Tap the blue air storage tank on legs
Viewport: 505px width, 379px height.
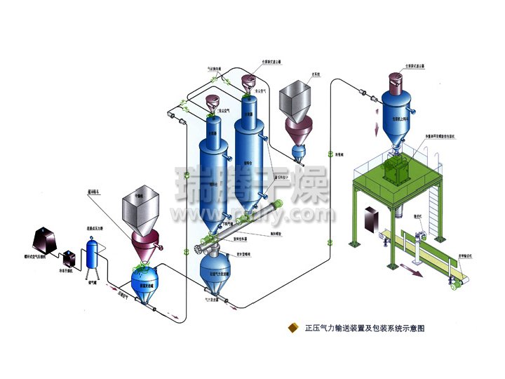click(91, 251)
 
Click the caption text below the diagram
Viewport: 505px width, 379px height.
click(365, 328)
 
